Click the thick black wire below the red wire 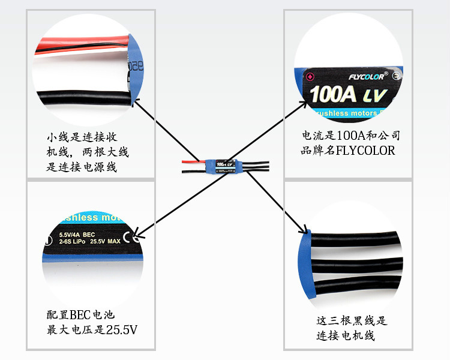click(x=84, y=97)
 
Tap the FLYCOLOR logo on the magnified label click(x=368, y=77)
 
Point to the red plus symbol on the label click(x=310, y=77)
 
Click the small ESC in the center click(x=223, y=166)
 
